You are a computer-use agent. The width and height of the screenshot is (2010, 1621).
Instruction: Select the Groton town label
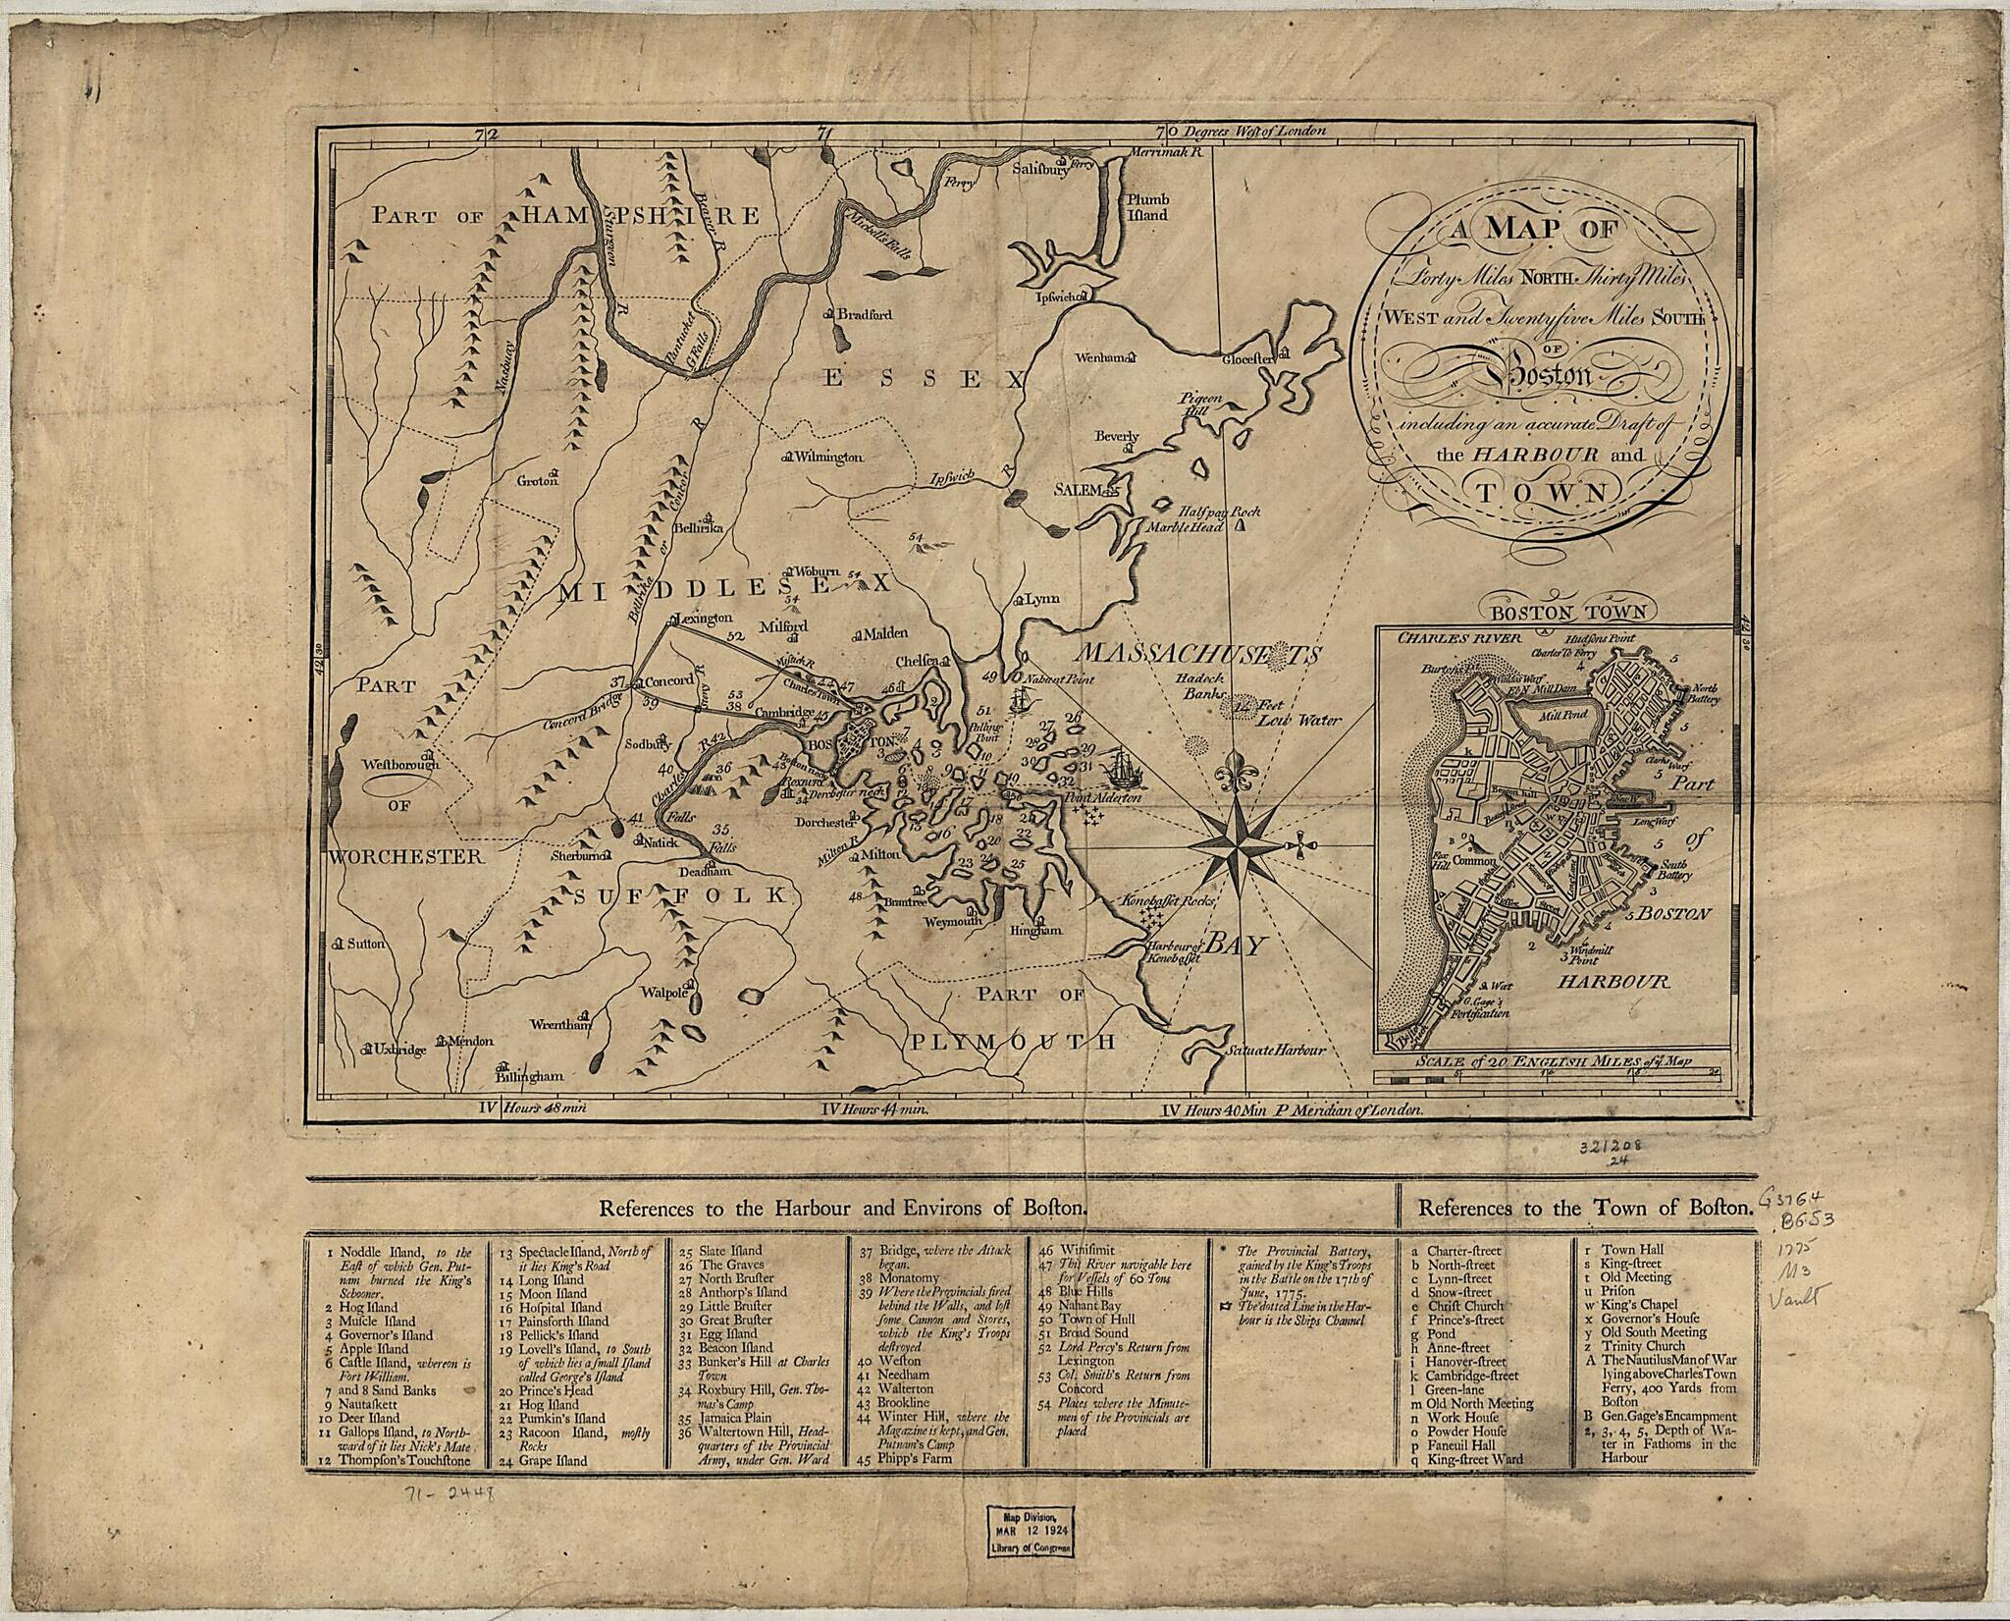pyautogui.click(x=538, y=480)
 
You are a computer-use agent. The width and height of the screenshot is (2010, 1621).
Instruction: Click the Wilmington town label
pyautogui.click(x=827, y=458)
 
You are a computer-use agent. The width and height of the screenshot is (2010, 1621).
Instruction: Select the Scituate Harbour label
pyautogui.click(x=1276, y=1050)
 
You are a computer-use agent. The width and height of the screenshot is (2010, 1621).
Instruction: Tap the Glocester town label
pyautogui.click(x=1246, y=359)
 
